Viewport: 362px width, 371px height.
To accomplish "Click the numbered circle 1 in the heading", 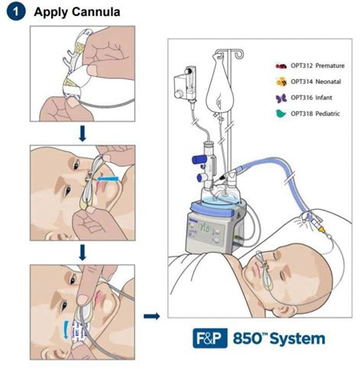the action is pos(16,11).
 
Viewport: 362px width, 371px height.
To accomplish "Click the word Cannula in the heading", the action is pos(96,12).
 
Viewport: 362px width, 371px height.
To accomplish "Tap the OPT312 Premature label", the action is pos(318,66).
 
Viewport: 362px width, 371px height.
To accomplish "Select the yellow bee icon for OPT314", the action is pos(281,82).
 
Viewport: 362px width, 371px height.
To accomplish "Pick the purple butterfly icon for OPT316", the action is pos(281,98).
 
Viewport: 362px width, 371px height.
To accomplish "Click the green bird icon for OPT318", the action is pos(281,114).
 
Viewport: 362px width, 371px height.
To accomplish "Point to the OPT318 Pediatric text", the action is pos(315,114).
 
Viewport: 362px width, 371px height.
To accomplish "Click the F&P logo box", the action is pos(210,338).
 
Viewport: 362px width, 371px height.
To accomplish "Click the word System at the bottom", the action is pos(297,339).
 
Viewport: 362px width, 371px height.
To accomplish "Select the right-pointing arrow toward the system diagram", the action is pos(152,316).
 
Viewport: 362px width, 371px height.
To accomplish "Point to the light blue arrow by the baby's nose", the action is pos(108,179).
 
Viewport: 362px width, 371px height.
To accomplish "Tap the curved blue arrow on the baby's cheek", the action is pos(66,330).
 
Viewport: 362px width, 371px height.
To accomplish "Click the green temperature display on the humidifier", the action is pos(203,229).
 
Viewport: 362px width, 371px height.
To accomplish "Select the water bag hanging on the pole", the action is pos(218,83).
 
